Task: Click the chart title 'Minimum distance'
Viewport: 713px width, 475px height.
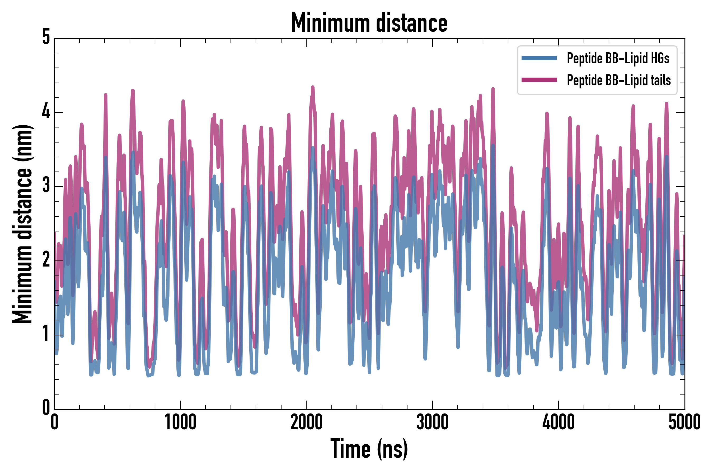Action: [x=369, y=23]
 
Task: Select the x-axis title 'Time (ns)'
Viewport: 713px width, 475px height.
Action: [x=369, y=449]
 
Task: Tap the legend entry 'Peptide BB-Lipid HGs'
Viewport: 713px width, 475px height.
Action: [x=618, y=58]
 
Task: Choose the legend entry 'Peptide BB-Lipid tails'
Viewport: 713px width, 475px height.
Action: [x=618, y=80]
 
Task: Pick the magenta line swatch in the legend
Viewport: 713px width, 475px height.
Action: [x=539, y=80]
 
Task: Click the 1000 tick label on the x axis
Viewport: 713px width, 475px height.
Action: [x=180, y=422]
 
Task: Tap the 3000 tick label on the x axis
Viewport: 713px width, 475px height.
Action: [x=432, y=422]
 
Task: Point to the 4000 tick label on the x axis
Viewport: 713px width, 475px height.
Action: [x=559, y=422]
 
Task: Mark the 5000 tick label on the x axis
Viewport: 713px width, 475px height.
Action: [x=684, y=422]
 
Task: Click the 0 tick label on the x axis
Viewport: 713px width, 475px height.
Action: [x=55, y=422]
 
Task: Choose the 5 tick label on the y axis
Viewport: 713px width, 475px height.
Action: [x=46, y=38]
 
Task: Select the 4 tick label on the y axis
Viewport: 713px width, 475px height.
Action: [x=46, y=112]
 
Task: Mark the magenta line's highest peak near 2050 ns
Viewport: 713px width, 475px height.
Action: [x=313, y=87]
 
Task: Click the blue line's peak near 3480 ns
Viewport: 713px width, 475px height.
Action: [x=493, y=145]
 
